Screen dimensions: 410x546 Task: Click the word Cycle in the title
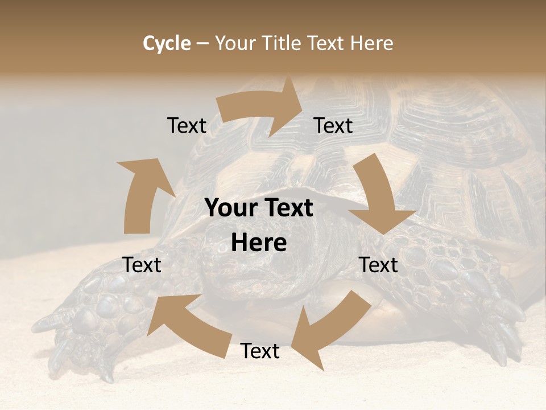[167, 43]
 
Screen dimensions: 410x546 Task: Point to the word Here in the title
[371, 43]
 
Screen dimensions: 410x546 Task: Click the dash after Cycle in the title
[202, 43]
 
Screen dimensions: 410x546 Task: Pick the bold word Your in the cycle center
[232, 208]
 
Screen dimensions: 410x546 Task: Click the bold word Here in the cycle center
[259, 243]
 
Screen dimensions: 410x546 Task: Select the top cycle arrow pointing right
[262, 108]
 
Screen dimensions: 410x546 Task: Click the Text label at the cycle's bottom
[259, 351]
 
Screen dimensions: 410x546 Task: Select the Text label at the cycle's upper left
[187, 125]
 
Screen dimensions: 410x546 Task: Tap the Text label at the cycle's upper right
[333, 125]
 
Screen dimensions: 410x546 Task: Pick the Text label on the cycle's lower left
[142, 265]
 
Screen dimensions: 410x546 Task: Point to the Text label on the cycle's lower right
[378, 265]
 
